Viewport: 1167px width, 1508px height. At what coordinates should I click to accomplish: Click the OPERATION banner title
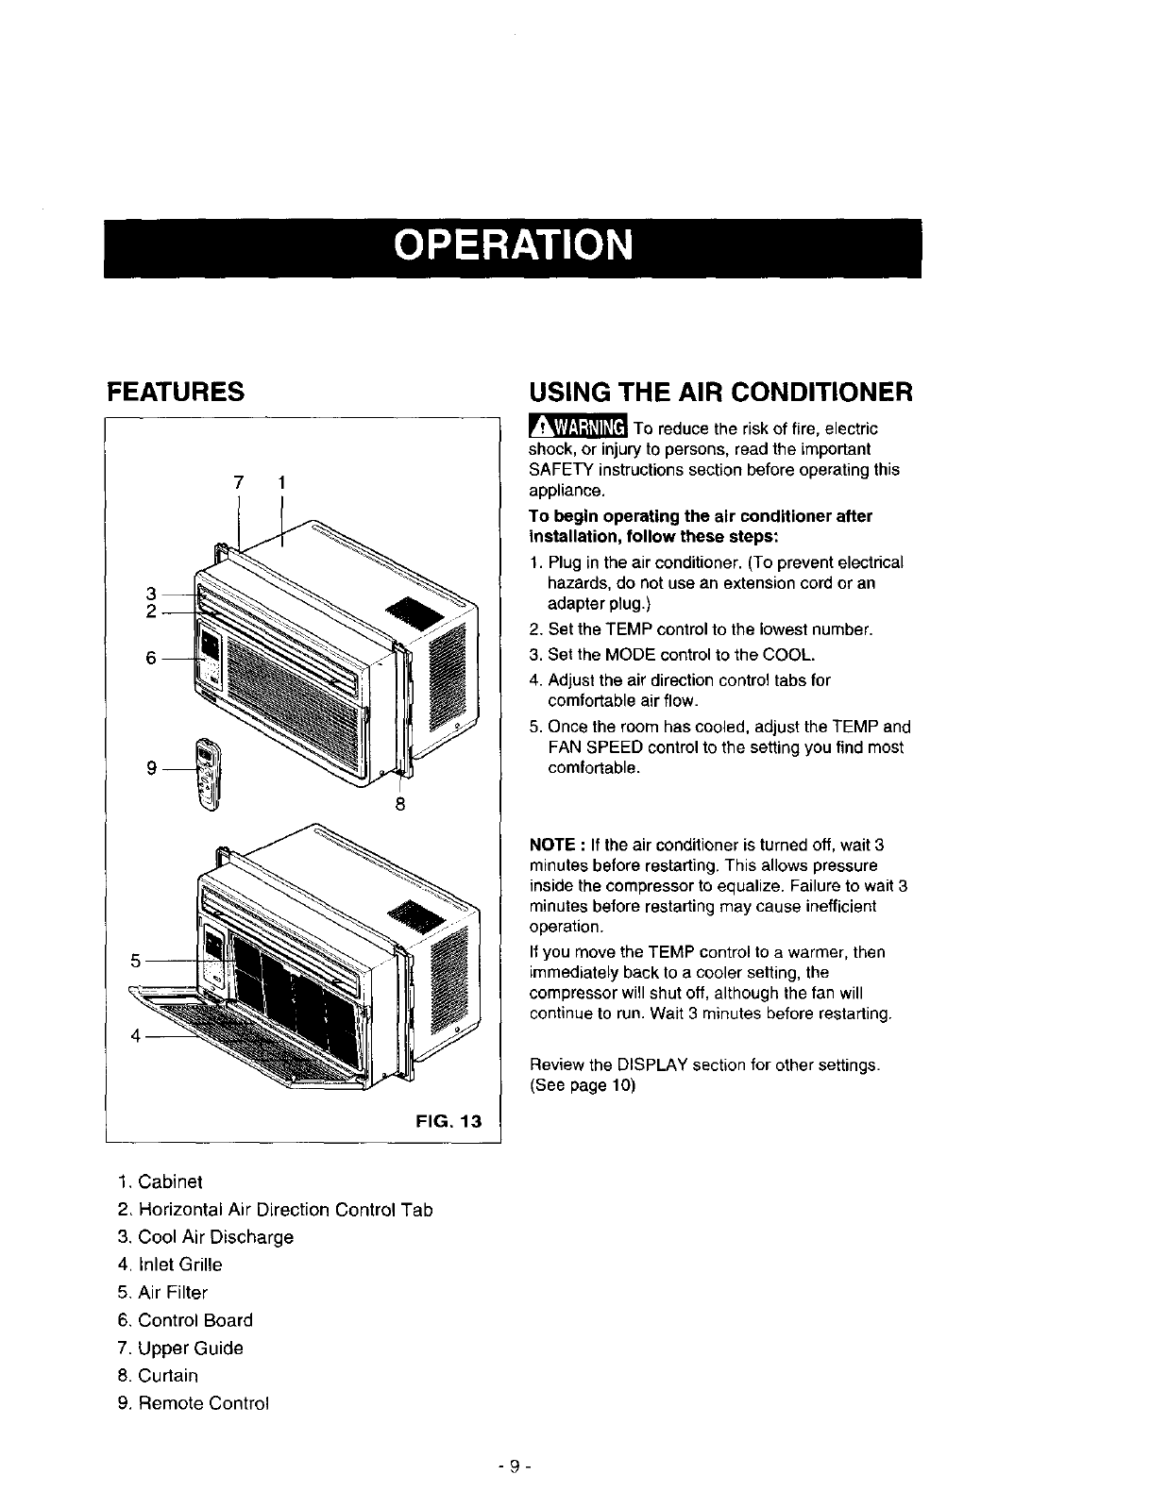512,246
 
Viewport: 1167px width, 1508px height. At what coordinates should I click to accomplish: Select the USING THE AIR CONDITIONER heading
720,391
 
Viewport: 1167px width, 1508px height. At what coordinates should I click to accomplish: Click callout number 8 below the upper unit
400,804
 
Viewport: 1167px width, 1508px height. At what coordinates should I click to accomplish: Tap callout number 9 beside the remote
151,768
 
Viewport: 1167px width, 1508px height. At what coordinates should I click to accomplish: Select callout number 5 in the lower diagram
135,960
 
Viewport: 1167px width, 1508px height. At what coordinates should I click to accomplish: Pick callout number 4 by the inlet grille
135,1035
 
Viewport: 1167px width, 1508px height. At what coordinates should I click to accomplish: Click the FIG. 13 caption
448,1121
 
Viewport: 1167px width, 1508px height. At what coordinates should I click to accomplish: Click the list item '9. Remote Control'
194,1403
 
